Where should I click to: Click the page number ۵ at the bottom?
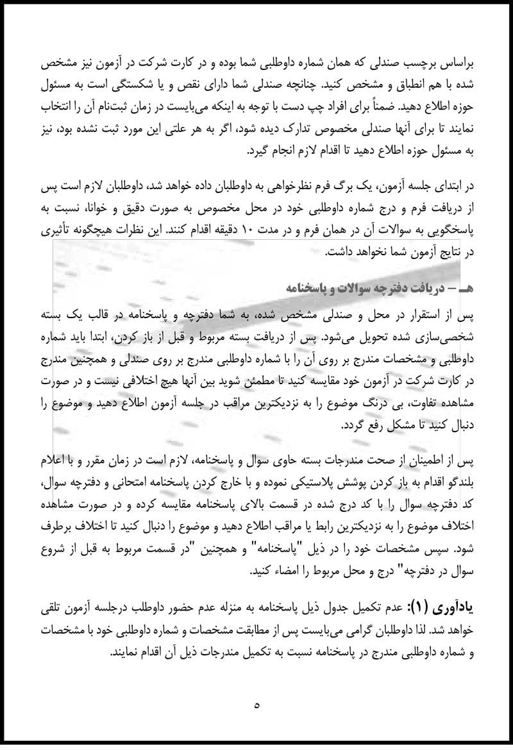(x=256, y=706)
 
